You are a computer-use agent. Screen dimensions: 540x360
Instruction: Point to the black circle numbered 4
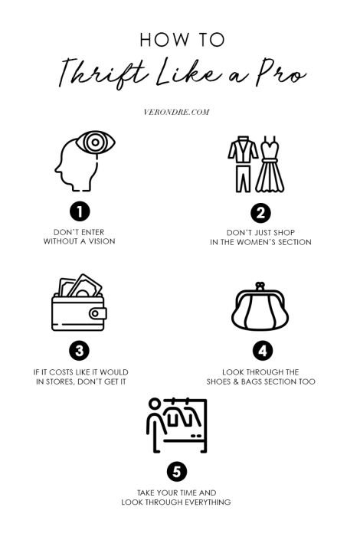pyautogui.click(x=262, y=352)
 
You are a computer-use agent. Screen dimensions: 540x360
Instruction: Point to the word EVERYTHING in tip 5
pyautogui.click(x=203, y=502)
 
